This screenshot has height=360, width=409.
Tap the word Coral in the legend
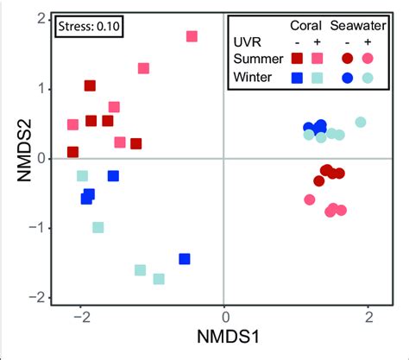pos(307,24)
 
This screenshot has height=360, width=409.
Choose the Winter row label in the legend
pos(256,77)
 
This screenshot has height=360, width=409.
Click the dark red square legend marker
pos(298,59)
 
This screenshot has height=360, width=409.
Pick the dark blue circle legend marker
pos(347,77)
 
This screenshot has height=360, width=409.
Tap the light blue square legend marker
pos(317,77)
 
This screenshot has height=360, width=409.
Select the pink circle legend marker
pos(368,59)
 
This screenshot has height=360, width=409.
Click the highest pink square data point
pos(192,36)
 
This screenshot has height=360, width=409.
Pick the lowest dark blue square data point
pos(184,259)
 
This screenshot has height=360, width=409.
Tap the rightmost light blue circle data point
pos(361,123)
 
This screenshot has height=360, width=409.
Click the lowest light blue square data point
pos(159,279)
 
